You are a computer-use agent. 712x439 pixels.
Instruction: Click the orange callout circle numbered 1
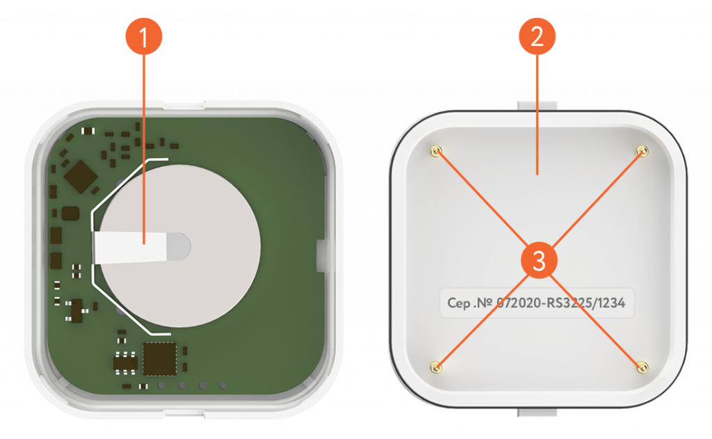coord(144,36)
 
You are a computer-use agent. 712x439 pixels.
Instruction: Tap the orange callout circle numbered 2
coord(537,36)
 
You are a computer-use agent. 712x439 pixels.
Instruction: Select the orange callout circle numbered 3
coord(539,261)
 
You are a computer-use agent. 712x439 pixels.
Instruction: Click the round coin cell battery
coord(180,246)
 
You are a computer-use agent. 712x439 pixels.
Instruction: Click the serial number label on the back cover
coord(536,303)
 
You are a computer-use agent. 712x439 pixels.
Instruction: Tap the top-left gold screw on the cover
coord(437,151)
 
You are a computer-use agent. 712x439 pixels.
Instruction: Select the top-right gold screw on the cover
coord(642,150)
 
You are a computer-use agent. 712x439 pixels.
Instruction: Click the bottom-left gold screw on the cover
coord(437,367)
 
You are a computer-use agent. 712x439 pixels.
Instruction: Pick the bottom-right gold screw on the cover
coord(642,367)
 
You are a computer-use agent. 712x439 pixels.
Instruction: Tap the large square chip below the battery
coord(160,359)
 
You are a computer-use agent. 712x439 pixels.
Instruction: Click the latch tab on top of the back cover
coord(537,106)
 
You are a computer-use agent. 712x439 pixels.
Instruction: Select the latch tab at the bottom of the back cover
coord(537,412)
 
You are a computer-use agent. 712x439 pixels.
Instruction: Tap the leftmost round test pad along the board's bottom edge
coord(161,386)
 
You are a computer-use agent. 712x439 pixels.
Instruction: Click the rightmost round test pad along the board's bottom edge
coord(223,386)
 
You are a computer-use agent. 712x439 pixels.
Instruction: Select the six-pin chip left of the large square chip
coord(125,362)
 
